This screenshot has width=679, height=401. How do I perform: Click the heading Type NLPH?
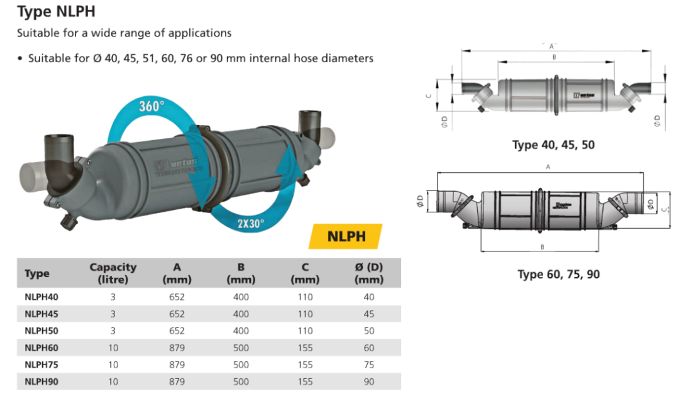click(x=56, y=11)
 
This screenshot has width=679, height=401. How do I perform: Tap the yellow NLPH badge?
click(x=346, y=237)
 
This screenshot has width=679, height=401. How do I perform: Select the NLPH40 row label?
click(x=41, y=297)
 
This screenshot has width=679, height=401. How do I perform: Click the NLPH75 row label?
click(x=41, y=365)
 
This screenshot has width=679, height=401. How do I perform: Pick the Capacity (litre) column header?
click(x=113, y=273)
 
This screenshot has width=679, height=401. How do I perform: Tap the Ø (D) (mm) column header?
click(x=368, y=273)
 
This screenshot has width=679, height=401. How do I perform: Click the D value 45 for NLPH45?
click(x=368, y=314)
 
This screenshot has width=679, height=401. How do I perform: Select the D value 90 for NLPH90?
click(x=368, y=382)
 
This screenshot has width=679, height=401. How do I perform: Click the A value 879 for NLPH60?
click(x=177, y=348)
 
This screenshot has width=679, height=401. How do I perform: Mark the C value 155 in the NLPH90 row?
click(x=305, y=382)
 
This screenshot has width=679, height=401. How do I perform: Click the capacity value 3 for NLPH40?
click(x=113, y=297)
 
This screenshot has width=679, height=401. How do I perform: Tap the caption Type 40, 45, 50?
click(x=553, y=145)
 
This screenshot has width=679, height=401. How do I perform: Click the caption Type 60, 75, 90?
click(x=558, y=274)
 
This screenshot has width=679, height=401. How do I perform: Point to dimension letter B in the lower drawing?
click(x=542, y=247)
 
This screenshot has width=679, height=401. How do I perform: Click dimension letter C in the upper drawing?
click(x=428, y=96)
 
